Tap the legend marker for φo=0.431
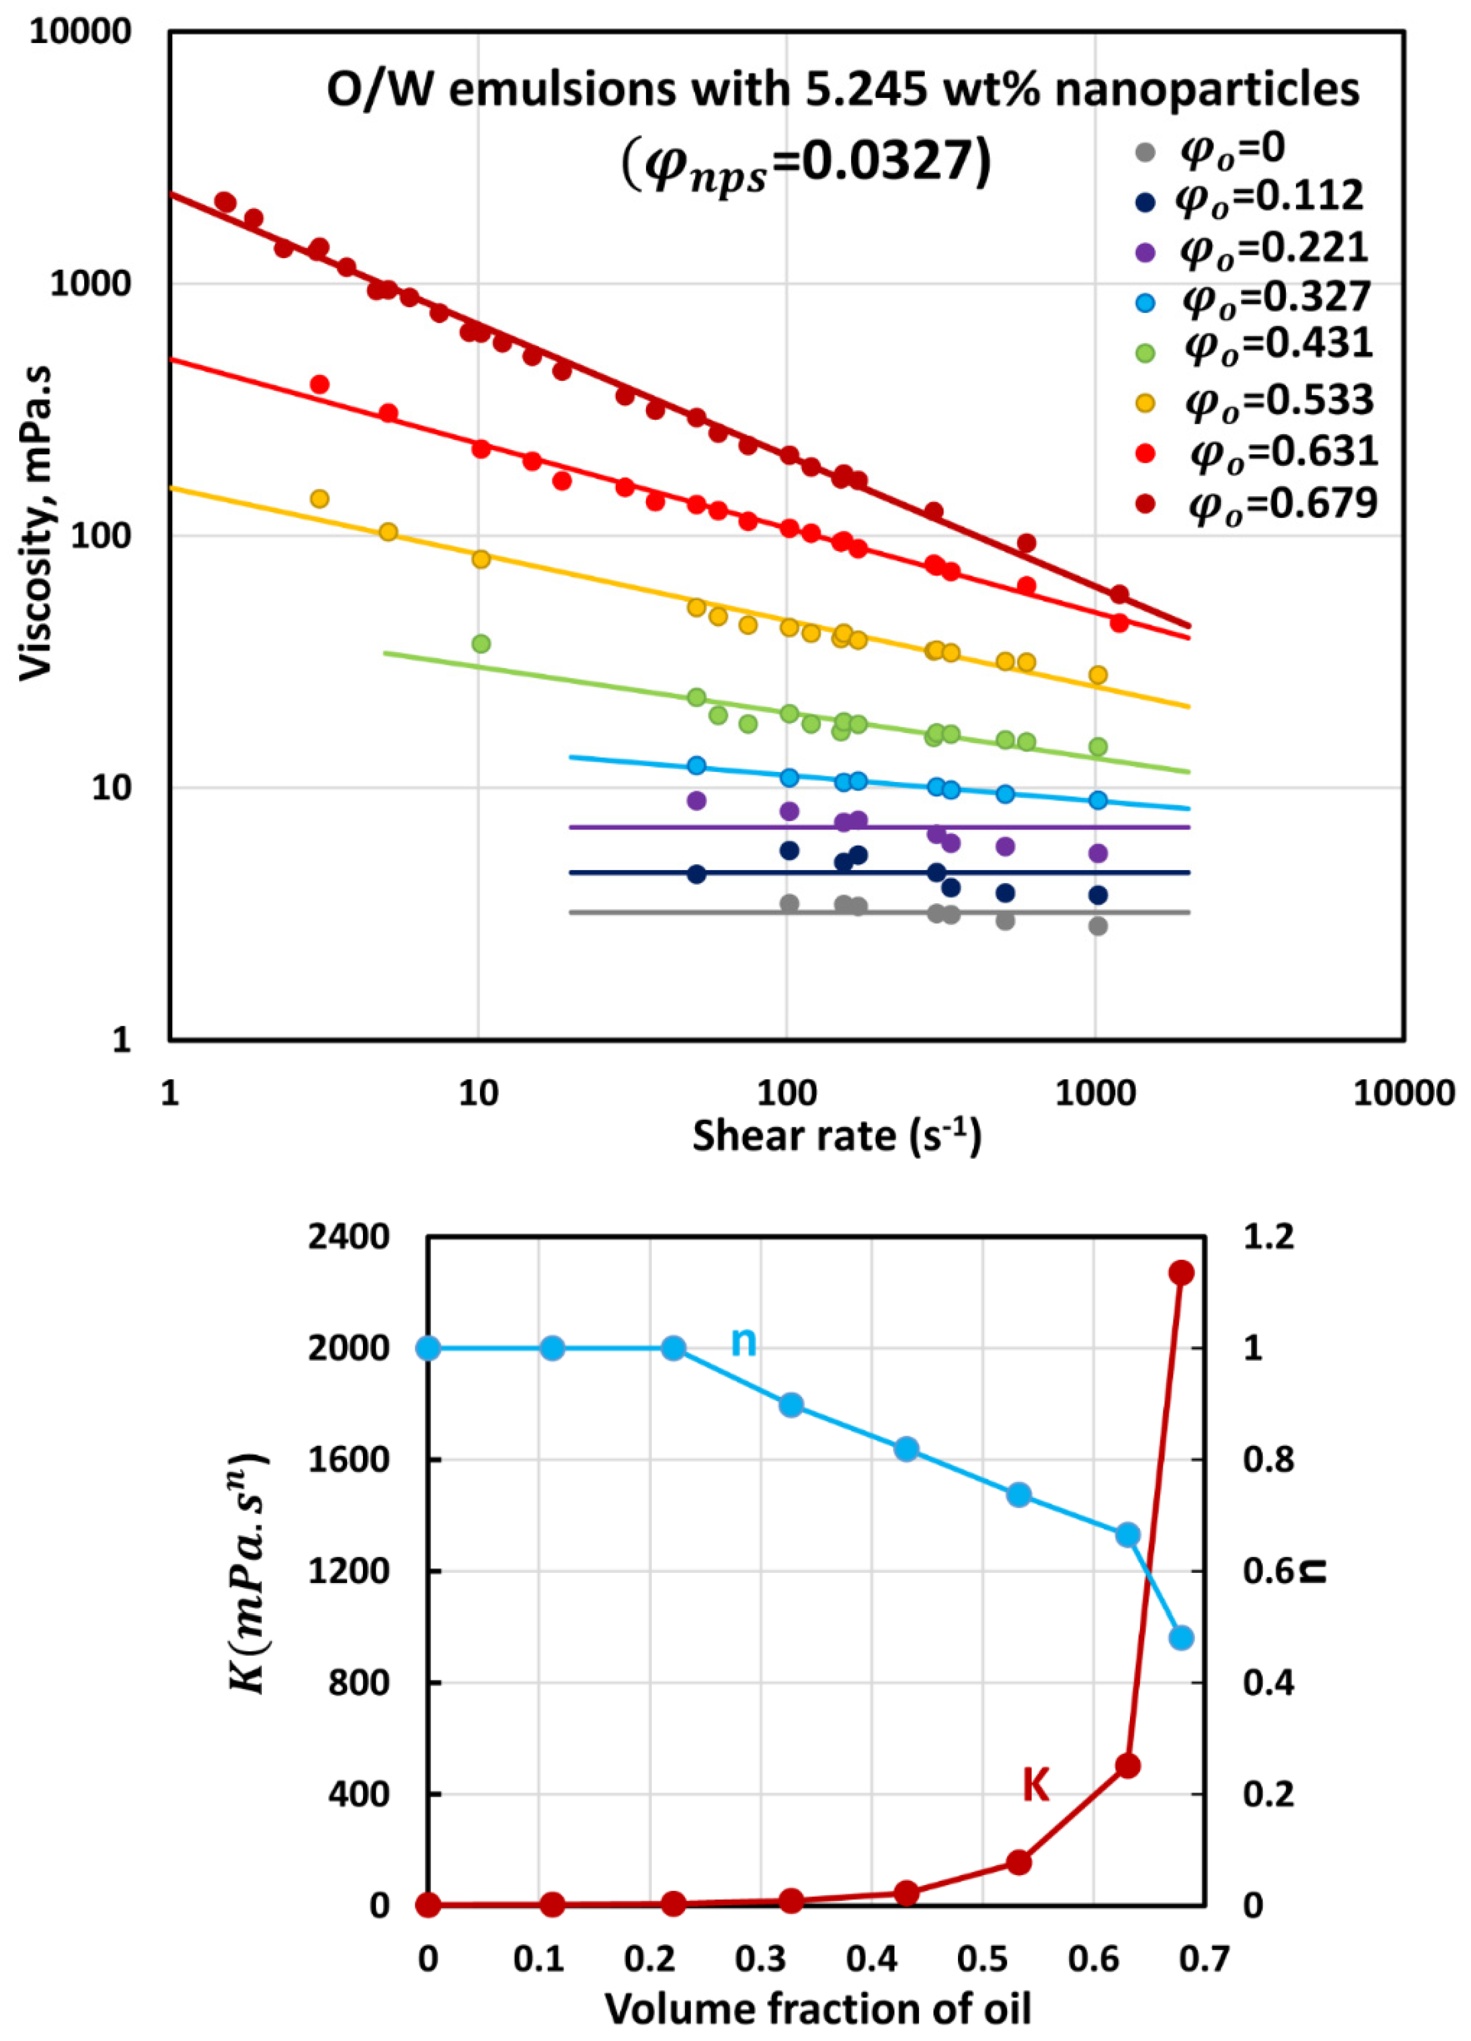[x=1145, y=353]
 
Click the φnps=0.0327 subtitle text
[x=806, y=163]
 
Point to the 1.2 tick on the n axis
[x=1268, y=1237]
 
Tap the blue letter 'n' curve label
[x=743, y=1342]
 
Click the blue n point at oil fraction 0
[x=428, y=1348]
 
